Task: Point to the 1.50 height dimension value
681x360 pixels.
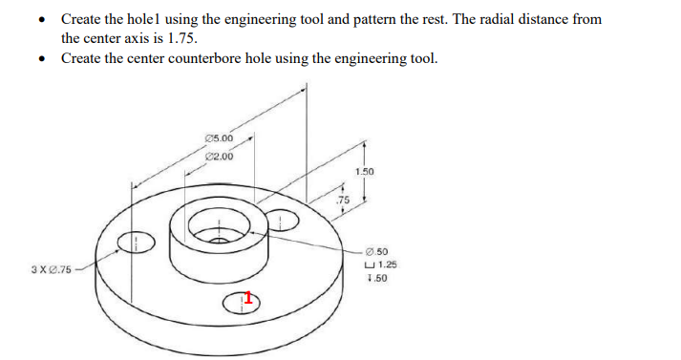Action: [364, 171]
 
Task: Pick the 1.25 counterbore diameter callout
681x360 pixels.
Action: [386, 265]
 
